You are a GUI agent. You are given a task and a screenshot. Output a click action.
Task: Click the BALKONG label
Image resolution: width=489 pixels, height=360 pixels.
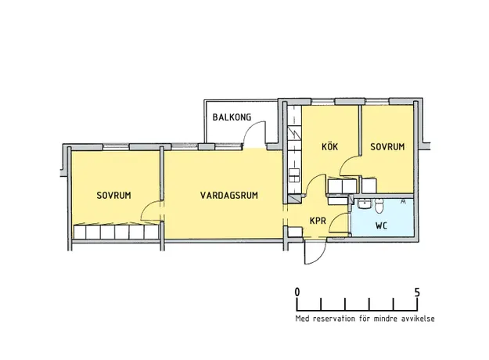click(232, 117)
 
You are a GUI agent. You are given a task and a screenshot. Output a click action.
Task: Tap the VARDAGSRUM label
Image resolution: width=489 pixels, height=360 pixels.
click(229, 196)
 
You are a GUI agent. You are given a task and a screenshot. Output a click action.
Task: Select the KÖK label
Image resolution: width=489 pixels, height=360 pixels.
click(329, 146)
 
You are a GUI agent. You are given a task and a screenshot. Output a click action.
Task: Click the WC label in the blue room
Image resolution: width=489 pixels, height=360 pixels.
click(381, 225)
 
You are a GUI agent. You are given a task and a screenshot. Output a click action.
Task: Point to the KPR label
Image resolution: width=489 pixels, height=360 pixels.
click(318, 221)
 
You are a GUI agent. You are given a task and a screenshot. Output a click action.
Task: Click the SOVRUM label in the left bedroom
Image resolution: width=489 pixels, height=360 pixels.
click(113, 196)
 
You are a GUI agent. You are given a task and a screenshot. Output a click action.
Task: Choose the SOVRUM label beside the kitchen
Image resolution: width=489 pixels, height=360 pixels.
click(387, 146)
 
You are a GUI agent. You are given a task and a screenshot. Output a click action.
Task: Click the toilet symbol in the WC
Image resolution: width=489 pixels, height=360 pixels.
click(379, 206)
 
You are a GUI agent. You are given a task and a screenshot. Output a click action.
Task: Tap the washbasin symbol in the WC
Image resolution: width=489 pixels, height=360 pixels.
click(364, 204)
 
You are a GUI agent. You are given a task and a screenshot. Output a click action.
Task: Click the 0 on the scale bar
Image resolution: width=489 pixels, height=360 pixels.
click(297, 293)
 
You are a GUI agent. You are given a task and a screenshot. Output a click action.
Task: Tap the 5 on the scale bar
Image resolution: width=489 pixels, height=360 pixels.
click(417, 293)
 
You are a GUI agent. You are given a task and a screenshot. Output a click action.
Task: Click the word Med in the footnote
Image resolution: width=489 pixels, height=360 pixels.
click(303, 319)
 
